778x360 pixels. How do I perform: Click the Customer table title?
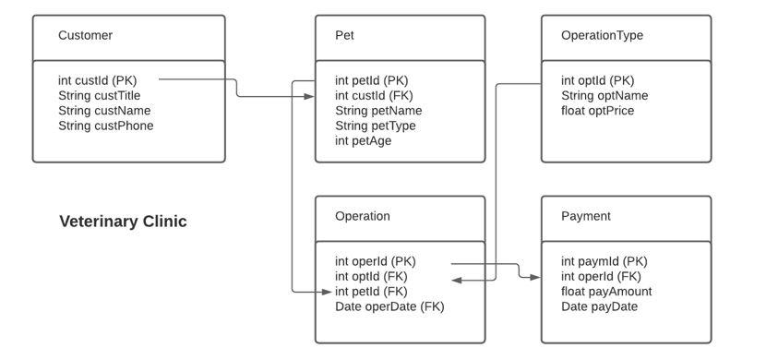coord(85,36)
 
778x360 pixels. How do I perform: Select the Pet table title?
coord(344,36)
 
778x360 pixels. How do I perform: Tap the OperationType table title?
coord(602,36)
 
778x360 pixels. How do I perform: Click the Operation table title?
coord(362,217)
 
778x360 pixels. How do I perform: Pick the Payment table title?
coord(585,217)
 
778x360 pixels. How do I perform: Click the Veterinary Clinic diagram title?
coord(123,222)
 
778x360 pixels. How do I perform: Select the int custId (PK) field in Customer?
coord(97,80)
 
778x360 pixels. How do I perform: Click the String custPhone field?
coord(105,126)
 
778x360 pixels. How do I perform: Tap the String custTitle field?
coord(99,95)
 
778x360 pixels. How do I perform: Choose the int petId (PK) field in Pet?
coord(371,80)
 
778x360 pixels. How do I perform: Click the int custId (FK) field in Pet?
coord(374,95)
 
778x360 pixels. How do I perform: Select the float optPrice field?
coord(597,111)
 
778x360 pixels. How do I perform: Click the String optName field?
coord(604,95)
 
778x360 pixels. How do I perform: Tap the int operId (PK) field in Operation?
coord(376,261)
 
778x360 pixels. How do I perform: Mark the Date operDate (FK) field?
coord(389,306)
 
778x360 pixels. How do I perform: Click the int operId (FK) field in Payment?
coord(601,276)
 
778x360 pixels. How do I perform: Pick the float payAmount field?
coord(605,292)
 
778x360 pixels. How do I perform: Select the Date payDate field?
coord(599,306)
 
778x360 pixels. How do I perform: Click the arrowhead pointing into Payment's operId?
coord(537,276)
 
